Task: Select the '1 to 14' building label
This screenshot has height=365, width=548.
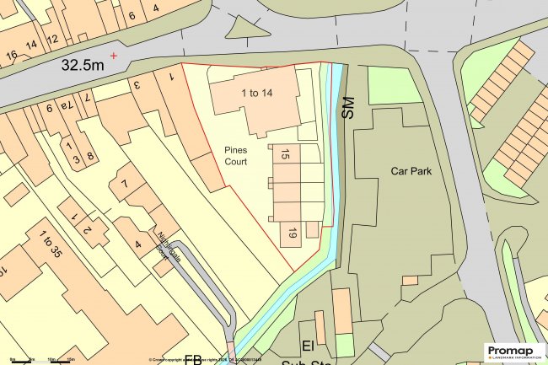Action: pos(255,93)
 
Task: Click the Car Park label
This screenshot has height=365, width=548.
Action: pos(411,170)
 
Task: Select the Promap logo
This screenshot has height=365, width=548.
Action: pos(513,352)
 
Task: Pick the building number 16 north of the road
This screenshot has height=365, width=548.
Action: pos(12,56)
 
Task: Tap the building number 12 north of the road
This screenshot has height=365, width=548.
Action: pos(52,39)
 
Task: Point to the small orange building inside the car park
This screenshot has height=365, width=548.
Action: pos(410,279)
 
